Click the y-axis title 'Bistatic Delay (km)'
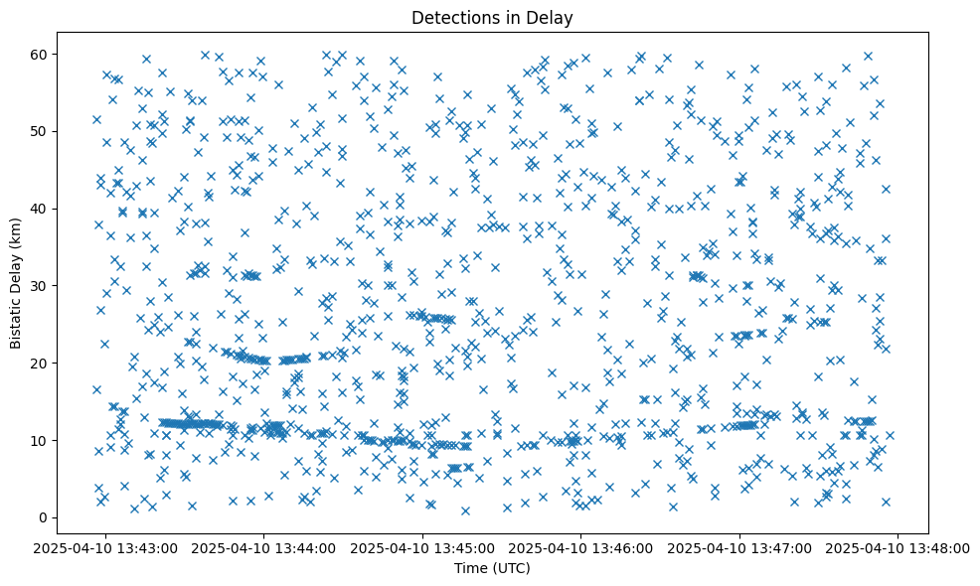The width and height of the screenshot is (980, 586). coord(16,283)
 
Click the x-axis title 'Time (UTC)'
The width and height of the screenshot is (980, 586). coord(492,568)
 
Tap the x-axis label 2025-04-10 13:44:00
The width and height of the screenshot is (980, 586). coord(264,547)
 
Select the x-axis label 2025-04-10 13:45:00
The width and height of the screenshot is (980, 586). coord(422,547)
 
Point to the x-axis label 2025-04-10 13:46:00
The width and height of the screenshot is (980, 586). coord(581,547)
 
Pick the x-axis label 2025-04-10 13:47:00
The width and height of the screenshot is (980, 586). coord(739,547)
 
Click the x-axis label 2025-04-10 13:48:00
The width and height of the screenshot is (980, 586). coord(898,547)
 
